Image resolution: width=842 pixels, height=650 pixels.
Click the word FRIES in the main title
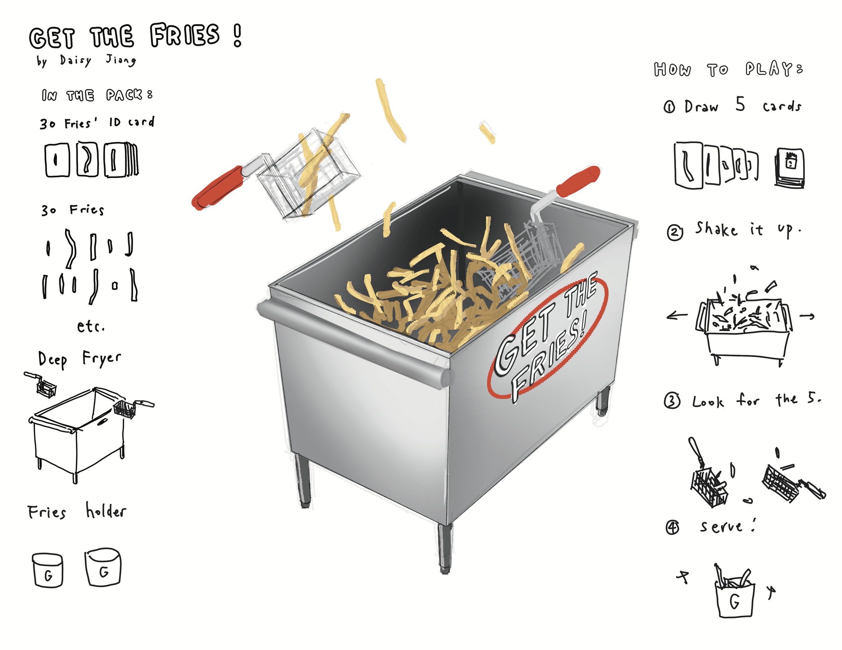pyautogui.click(x=185, y=35)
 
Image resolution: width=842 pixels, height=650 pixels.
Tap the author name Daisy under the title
pyautogui.click(x=75, y=61)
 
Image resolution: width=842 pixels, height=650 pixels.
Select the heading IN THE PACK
pyautogui.click(x=97, y=95)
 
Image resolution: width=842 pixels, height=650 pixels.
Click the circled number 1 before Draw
pyautogui.click(x=669, y=107)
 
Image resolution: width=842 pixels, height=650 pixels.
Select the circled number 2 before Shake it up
pyautogui.click(x=675, y=232)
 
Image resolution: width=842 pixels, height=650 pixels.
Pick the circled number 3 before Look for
pyautogui.click(x=672, y=401)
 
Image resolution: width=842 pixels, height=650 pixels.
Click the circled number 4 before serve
pyautogui.click(x=672, y=527)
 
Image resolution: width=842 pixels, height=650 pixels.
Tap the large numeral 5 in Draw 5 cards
pyautogui.click(x=740, y=104)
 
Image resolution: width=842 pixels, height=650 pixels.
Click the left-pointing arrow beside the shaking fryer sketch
pyautogui.click(x=677, y=316)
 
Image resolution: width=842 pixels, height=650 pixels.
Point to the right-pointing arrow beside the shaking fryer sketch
pyautogui.click(x=807, y=316)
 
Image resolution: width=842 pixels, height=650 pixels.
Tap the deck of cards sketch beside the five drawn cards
pyautogui.click(x=790, y=168)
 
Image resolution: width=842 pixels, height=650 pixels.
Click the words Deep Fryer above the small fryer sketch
pyautogui.click(x=79, y=359)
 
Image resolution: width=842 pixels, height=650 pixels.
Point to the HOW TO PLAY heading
pyautogui.click(x=728, y=69)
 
